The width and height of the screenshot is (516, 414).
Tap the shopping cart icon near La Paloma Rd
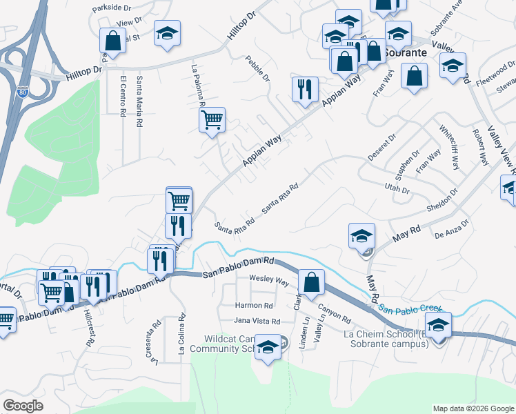212,119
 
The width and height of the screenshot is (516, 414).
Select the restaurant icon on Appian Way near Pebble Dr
304,89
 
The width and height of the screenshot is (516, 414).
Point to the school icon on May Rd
361,236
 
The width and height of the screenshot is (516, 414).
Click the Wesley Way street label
268,282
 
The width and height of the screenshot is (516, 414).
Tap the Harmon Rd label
254,305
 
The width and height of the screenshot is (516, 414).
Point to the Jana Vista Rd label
257,322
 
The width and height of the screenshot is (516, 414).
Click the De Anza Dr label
452,230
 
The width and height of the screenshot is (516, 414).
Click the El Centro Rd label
123,96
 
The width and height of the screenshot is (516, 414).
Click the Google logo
23,406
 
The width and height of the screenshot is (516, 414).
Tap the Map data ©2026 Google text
473,408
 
